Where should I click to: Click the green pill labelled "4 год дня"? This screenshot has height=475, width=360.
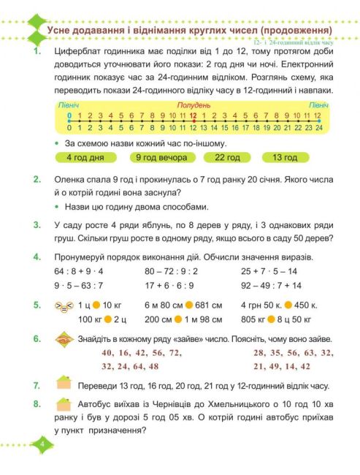(x=85, y=157)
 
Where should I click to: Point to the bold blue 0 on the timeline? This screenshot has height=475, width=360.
(x=69, y=115)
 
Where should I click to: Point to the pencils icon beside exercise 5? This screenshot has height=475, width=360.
(x=64, y=307)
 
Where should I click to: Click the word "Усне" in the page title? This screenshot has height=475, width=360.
(x=61, y=31)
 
